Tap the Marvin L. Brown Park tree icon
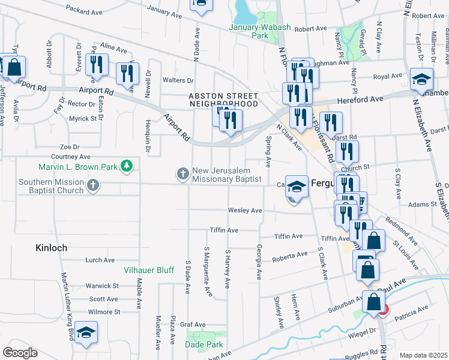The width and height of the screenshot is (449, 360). [x=126, y=166]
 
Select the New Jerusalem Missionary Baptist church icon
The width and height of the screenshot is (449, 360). [x=182, y=173]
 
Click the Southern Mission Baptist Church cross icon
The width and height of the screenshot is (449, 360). [x=92, y=186]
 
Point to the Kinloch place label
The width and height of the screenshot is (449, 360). [x=51, y=247]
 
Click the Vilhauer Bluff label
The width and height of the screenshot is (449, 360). [x=148, y=271]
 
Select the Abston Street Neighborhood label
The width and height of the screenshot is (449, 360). [x=223, y=100]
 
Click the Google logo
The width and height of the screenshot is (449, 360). [x=20, y=353]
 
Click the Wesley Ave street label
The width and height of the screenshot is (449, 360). [x=244, y=211]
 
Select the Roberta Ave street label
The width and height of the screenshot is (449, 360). [x=289, y=256]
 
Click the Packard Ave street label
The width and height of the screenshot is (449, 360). [x=84, y=11]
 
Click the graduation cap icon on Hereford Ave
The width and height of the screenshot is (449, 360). [x=422, y=79]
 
